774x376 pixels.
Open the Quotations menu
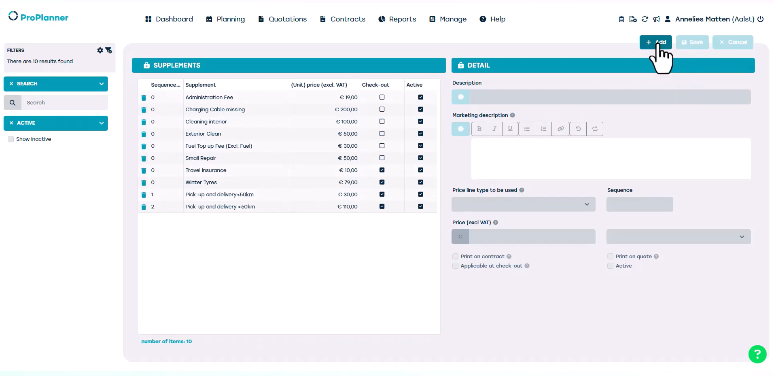282,19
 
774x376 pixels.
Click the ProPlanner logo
38,17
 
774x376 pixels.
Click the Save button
692,42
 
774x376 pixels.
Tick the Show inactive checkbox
11,139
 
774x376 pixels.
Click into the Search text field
65,103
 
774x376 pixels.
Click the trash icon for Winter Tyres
144,183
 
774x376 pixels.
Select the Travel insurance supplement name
206,170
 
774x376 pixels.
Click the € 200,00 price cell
346,110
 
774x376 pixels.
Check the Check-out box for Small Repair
382,158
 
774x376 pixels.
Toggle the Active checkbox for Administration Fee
421,97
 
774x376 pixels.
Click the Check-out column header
375,85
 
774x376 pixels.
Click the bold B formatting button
479,129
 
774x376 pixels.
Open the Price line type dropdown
523,204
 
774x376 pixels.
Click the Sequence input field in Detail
639,204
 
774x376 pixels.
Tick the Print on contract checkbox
456,257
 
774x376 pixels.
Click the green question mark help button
757,354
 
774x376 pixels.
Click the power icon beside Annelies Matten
761,19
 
